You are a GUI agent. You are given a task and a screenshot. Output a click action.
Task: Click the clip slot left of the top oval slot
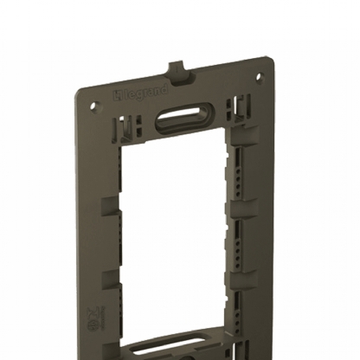[x=129, y=129]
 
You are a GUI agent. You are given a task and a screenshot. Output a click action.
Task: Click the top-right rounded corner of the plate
[x=269, y=62]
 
